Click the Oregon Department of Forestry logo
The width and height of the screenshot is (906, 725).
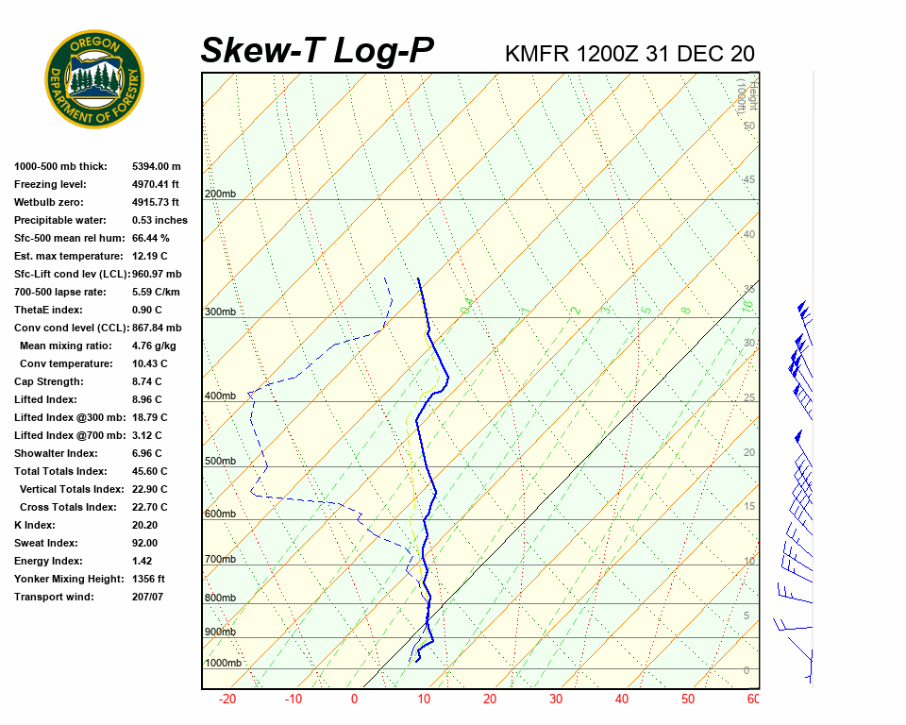pos(94,79)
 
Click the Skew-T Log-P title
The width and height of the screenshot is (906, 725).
pos(317,51)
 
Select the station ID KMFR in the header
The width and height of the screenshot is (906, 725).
pos(537,54)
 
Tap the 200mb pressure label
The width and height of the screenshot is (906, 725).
pos(220,194)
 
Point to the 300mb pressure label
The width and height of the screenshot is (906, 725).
pos(220,312)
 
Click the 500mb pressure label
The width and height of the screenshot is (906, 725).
pos(220,461)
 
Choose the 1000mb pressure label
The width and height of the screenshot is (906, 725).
pos(223,663)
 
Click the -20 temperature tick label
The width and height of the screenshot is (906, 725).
pos(227,700)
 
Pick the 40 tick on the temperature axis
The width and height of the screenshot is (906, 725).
pos(622,700)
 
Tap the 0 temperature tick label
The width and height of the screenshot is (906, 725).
pos(355,700)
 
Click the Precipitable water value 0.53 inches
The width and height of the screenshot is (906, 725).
pos(159,220)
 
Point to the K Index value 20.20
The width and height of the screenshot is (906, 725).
pos(144,525)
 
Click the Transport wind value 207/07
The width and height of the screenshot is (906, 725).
pos(147,597)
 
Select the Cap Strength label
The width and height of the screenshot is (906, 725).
pos(49,381)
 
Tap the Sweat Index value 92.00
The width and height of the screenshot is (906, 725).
pos(144,543)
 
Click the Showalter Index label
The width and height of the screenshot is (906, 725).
pos(57,453)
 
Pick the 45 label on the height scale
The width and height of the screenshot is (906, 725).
pos(748,179)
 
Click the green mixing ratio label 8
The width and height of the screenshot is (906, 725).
pos(686,309)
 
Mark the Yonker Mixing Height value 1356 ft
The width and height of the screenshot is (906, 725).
pos(149,579)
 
